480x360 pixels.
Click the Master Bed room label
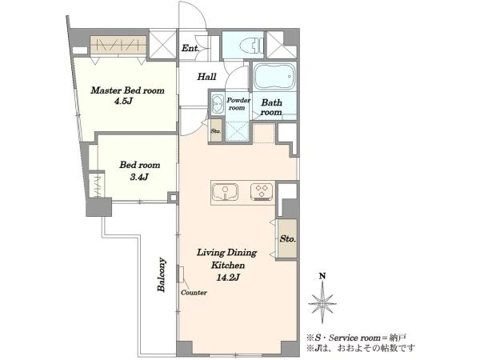(128, 90)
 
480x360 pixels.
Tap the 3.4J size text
(139, 177)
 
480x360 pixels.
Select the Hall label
(206, 77)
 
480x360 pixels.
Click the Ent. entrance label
(190, 48)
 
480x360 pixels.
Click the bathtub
(274, 76)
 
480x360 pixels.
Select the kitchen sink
(226, 192)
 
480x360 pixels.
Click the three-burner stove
(262, 192)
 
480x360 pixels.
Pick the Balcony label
(162, 274)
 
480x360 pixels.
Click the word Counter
(194, 293)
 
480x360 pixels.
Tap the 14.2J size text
(228, 278)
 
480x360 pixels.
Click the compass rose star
(322, 303)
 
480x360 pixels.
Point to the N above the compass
(322, 276)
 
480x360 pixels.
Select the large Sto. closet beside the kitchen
(287, 238)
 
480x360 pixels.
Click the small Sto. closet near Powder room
(216, 130)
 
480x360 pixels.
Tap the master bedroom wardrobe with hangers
(118, 46)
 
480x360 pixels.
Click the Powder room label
(238, 104)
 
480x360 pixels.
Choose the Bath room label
(271, 107)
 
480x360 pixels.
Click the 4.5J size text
(123, 101)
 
